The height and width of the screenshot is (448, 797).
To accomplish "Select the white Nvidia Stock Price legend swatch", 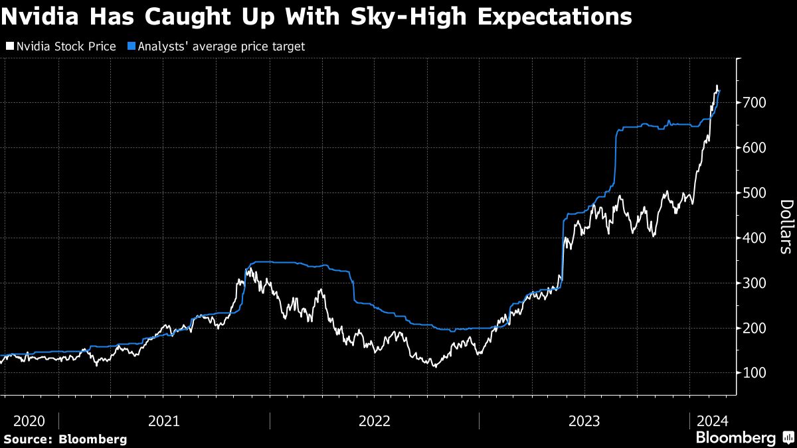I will pyautogui.click(x=9, y=46).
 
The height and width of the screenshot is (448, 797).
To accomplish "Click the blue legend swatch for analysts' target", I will pyautogui.click(x=130, y=46).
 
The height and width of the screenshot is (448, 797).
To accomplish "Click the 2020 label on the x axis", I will pyautogui.click(x=29, y=421).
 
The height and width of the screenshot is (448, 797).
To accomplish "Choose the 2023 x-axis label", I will pyautogui.click(x=584, y=421).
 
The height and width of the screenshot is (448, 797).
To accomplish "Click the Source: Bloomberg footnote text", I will pyautogui.click(x=64, y=439).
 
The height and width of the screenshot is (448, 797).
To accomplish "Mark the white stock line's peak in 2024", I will pyautogui.click(x=717, y=86).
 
